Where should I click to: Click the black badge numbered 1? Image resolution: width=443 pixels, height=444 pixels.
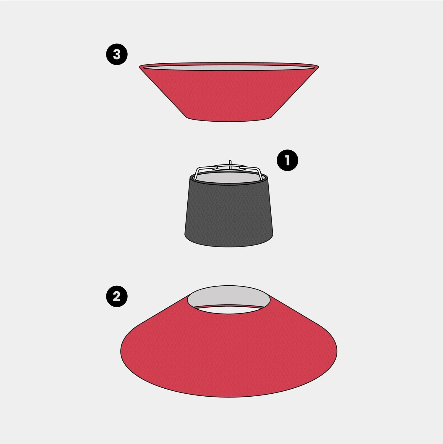[x=287, y=160]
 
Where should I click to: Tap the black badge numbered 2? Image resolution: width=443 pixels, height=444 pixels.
[x=117, y=296]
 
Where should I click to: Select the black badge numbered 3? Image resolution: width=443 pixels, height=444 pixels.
[x=117, y=54]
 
